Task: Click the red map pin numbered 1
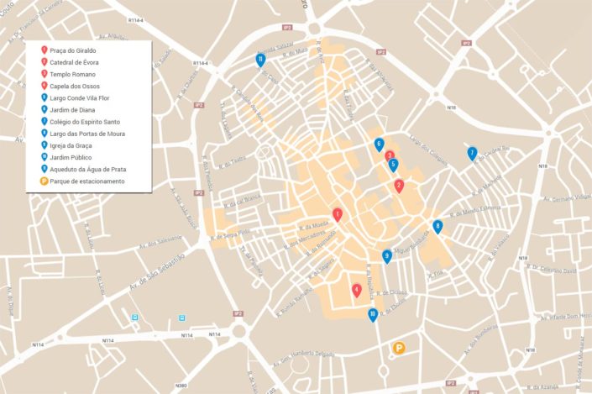tap(338, 215)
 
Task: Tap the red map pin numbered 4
tap(357, 290)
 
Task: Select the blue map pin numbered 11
tap(261, 60)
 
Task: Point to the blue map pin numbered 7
tap(473, 153)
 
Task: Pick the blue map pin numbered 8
tap(437, 226)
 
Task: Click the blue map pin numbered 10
tap(373, 315)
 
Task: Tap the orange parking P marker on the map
tap(400, 348)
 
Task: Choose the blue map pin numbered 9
tap(387, 256)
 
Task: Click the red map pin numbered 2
tap(400, 186)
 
